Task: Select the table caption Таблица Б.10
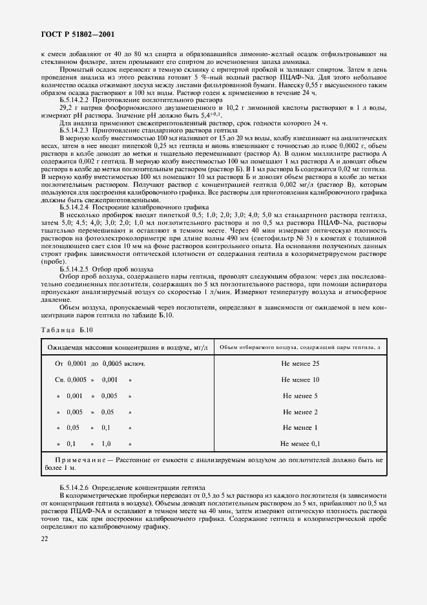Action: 67,330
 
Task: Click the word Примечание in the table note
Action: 76,459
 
